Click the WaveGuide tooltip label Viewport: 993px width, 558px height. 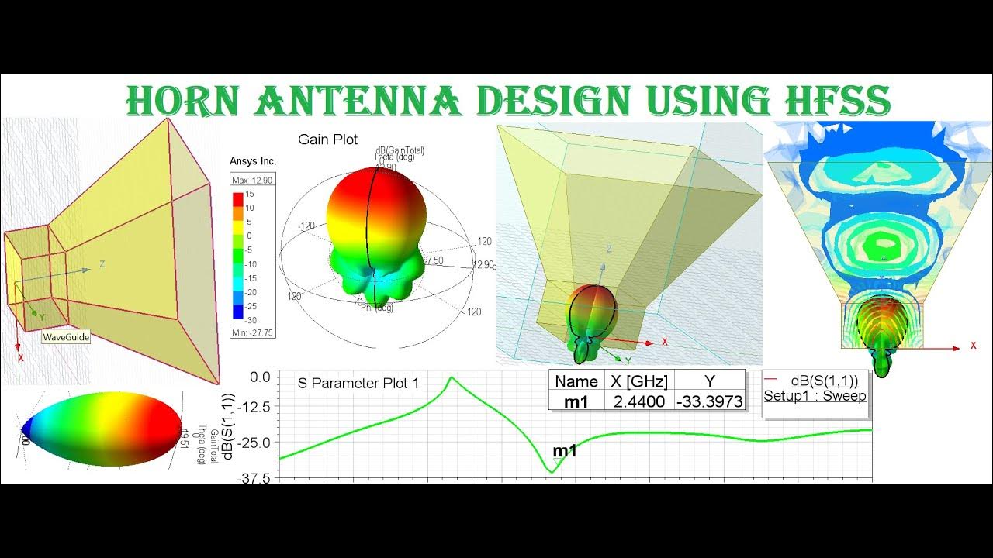click(x=66, y=337)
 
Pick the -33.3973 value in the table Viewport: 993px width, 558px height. click(x=709, y=401)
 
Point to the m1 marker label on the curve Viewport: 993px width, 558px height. click(x=564, y=451)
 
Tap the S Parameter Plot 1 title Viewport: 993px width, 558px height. click(x=348, y=383)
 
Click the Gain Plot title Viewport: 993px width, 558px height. click(x=328, y=139)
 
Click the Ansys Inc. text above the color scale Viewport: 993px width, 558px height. click(x=253, y=161)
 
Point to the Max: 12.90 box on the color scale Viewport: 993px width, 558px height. click(x=253, y=180)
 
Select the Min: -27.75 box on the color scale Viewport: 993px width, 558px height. click(x=253, y=332)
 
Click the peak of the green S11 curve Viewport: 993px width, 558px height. click(x=451, y=377)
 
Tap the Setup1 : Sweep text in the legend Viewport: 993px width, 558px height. click(x=815, y=396)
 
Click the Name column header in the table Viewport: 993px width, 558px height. click(x=576, y=381)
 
